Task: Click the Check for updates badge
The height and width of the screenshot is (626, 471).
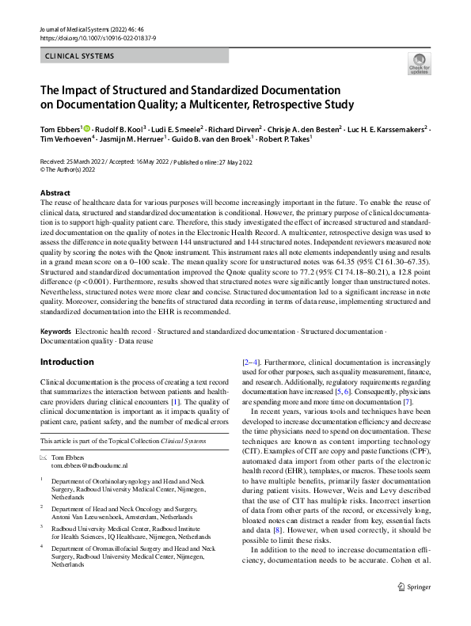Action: coord(416,64)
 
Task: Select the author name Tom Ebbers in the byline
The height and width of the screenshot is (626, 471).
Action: coord(60,127)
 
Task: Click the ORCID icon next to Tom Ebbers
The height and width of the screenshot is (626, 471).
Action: coord(89,127)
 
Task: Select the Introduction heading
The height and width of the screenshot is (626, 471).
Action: coord(66,362)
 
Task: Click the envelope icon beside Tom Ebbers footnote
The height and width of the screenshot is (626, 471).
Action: coord(44,458)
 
